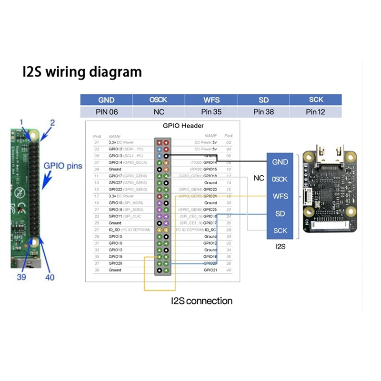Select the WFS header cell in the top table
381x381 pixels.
pos(211,100)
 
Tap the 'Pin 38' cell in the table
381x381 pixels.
pos(263,112)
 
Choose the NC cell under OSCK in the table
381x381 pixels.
pos(159,112)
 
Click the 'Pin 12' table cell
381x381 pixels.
pos(315,112)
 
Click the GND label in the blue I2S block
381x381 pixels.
pos(280,162)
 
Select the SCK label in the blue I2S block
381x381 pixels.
pos(280,231)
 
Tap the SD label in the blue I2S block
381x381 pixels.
pos(280,214)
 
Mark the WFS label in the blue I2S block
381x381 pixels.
pos(280,196)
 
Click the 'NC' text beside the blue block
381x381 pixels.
pos(259,179)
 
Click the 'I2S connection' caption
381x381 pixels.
pos(201,301)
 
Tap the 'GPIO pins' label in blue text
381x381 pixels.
pos(63,167)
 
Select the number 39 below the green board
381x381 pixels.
pos(22,277)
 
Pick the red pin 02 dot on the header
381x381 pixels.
pos(166,142)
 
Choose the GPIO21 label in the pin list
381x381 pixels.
pos(211,270)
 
